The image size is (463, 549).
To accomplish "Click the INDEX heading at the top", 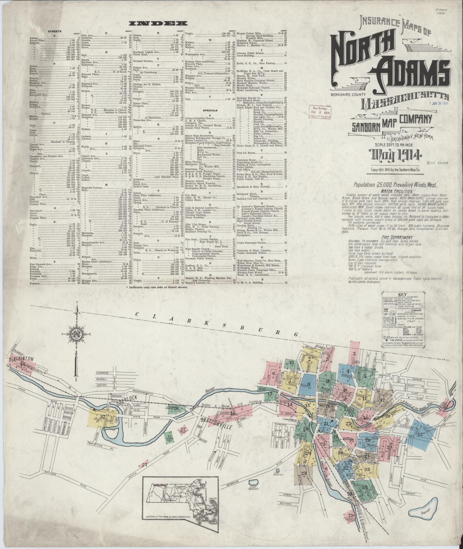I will (158, 24).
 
